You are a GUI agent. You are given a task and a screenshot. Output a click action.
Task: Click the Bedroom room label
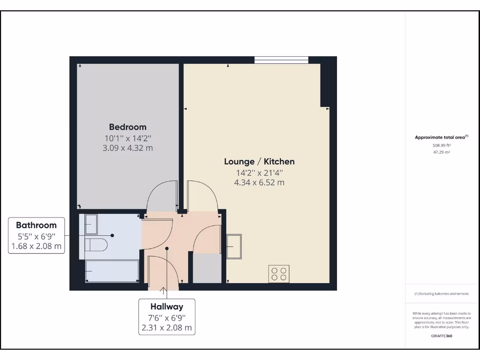[127, 127]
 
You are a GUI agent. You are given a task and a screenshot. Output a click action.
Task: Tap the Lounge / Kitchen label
[259, 162]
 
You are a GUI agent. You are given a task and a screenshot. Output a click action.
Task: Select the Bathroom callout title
[36, 225]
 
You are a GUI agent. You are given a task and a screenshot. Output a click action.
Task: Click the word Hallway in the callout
[166, 307]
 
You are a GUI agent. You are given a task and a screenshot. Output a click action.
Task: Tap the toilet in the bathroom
[97, 244]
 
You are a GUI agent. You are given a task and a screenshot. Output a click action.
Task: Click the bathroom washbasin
[91, 224]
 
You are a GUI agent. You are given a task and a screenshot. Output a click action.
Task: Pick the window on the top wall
[281, 60]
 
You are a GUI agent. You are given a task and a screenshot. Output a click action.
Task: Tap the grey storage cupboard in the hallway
[207, 268]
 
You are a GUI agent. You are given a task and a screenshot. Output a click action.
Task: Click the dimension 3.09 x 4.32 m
[127, 148]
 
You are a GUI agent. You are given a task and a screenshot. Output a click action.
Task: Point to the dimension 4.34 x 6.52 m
[259, 183]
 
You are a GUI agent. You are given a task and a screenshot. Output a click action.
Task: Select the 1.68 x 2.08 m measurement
[36, 246]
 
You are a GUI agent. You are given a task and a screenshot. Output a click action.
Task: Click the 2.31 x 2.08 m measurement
[166, 328]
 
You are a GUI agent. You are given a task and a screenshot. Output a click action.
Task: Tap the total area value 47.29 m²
[441, 152]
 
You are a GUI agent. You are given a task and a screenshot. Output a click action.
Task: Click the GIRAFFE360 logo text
[441, 336]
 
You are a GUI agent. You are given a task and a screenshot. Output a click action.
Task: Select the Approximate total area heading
[441, 137]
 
